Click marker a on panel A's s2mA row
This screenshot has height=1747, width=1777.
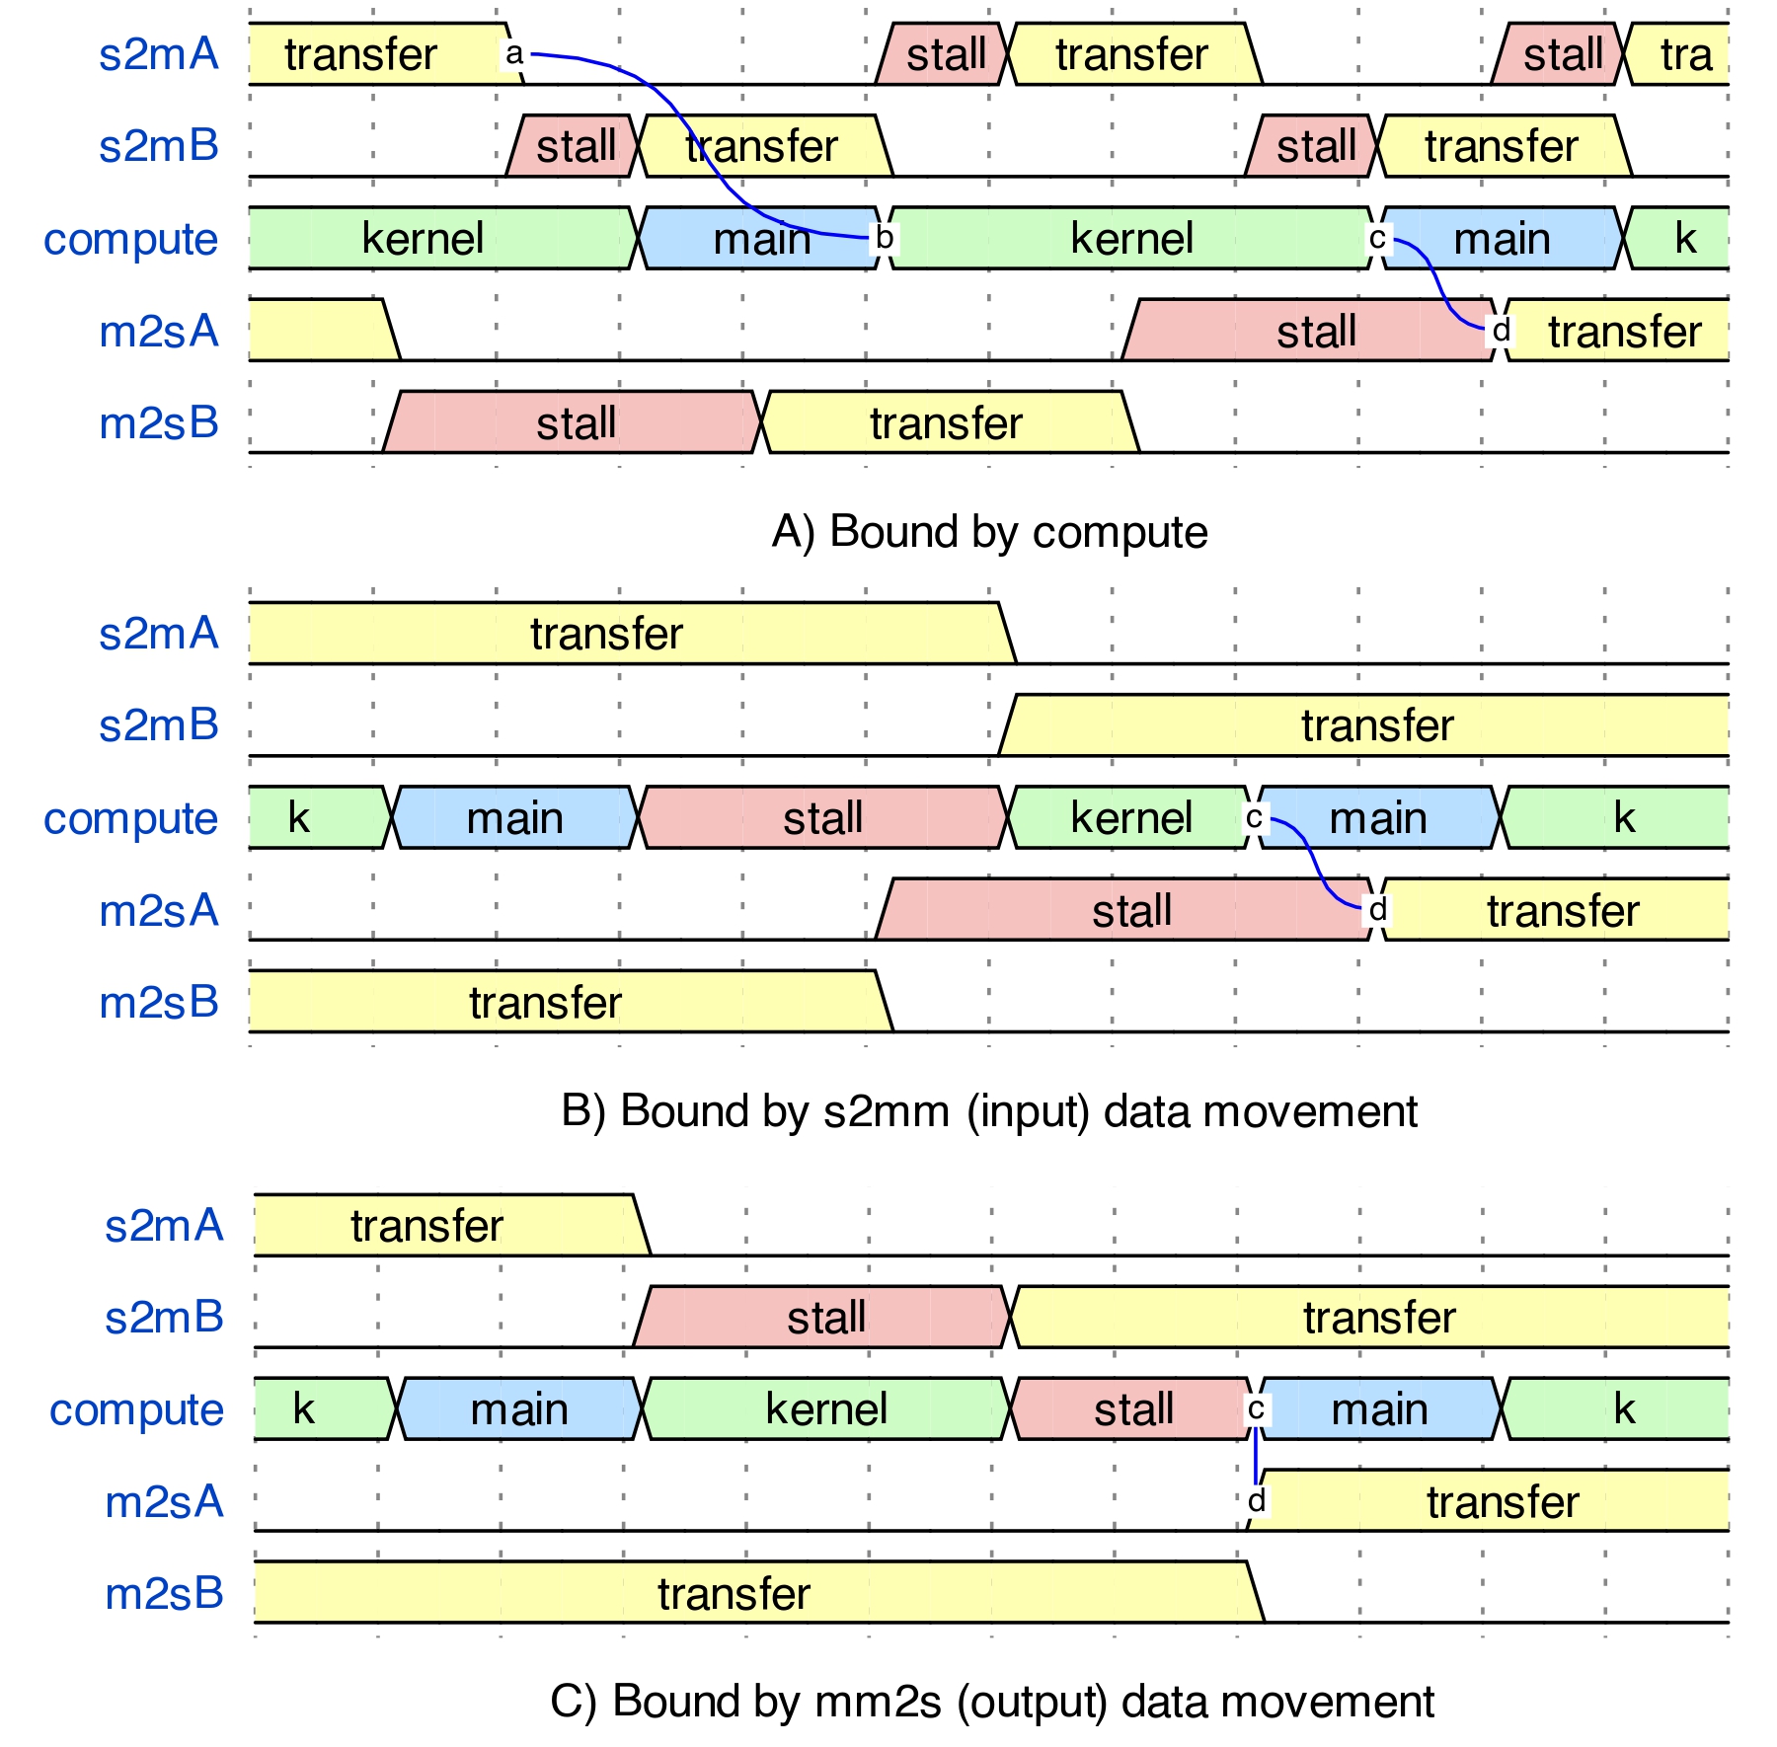(x=513, y=53)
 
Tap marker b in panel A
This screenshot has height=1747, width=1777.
(x=885, y=238)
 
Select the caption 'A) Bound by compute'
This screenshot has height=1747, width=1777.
(x=989, y=532)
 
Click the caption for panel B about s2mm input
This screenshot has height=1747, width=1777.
(x=989, y=1111)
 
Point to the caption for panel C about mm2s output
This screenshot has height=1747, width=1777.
(x=991, y=1702)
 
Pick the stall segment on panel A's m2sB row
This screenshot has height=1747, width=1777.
(x=575, y=423)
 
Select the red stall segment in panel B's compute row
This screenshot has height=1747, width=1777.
(x=821, y=818)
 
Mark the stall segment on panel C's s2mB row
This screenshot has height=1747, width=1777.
(x=825, y=1318)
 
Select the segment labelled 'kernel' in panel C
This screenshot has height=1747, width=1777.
(x=825, y=1409)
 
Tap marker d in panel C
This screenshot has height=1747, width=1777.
(x=1256, y=1501)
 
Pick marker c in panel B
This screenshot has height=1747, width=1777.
(x=1254, y=817)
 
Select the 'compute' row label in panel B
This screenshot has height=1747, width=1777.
(x=130, y=818)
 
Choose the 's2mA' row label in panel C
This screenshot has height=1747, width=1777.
(x=164, y=1226)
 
